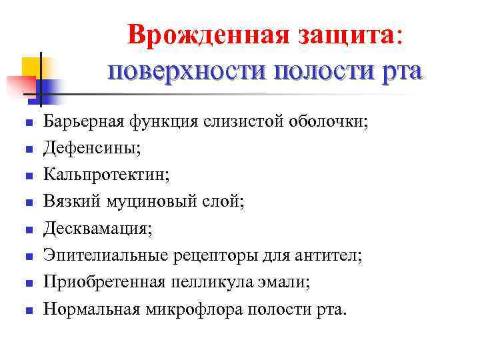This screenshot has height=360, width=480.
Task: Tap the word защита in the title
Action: pyautogui.click(x=353, y=36)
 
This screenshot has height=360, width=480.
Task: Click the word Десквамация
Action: pyautogui.click(x=95, y=229)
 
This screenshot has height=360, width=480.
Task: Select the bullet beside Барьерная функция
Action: pyautogui.click(x=26, y=123)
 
